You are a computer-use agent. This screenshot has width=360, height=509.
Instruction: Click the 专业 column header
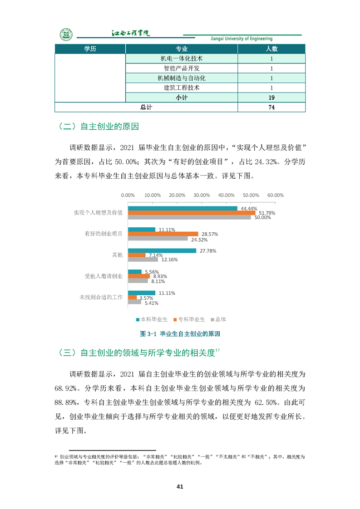click(x=181, y=49)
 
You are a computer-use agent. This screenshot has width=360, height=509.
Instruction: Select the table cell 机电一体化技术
click(x=181, y=59)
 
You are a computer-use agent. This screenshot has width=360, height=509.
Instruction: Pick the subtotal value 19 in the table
click(x=271, y=98)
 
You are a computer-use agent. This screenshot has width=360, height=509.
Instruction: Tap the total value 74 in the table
click(x=271, y=108)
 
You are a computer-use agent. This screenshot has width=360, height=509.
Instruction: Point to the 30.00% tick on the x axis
click(x=202, y=196)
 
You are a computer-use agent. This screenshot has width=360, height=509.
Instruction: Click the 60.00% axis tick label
click(x=275, y=196)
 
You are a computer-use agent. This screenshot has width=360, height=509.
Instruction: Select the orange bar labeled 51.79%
click(x=192, y=213)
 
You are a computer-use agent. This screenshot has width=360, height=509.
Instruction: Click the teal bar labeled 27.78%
click(x=162, y=251)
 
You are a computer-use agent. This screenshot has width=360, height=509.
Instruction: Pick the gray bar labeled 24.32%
click(x=158, y=238)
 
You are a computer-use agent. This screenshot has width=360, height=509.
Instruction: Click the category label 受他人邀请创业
click(x=104, y=276)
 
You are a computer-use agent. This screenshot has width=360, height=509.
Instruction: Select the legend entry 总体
click(x=220, y=319)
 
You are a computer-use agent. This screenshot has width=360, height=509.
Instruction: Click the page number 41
click(x=180, y=487)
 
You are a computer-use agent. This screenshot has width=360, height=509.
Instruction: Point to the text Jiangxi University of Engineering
click(x=242, y=39)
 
